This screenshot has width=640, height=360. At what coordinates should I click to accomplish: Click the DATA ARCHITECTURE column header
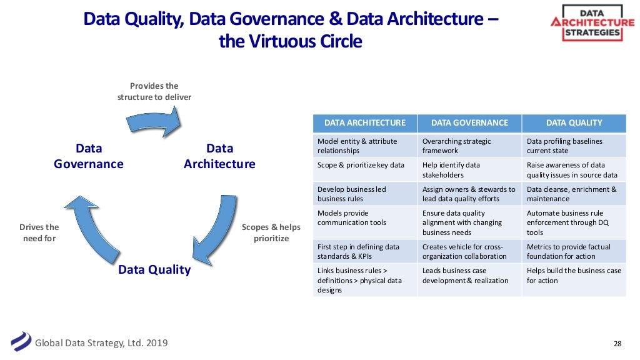coord(365,122)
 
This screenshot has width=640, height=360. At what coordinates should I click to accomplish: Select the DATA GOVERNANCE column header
coord(469,122)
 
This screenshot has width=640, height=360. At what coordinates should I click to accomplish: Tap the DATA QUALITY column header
coord(574,122)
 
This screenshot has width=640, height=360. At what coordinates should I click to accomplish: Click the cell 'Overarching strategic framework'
coord(469,146)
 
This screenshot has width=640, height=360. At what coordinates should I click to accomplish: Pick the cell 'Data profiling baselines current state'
coord(574,146)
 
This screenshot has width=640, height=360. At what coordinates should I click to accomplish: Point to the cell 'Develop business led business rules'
coord(365,194)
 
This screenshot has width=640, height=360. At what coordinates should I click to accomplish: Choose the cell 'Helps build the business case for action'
coord(574,276)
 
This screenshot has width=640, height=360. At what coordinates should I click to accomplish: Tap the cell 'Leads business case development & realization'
coord(469,276)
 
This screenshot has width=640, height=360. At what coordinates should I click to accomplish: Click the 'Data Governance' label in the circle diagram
coord(88,156)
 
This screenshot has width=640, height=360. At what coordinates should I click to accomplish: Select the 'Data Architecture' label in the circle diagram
coord(219,156)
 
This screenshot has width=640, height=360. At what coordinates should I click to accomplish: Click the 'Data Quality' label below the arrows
coord(154,270)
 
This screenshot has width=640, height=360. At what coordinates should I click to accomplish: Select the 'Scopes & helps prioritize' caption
coord(271,232)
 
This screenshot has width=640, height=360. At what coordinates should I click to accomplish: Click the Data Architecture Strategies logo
coord(592,22)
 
